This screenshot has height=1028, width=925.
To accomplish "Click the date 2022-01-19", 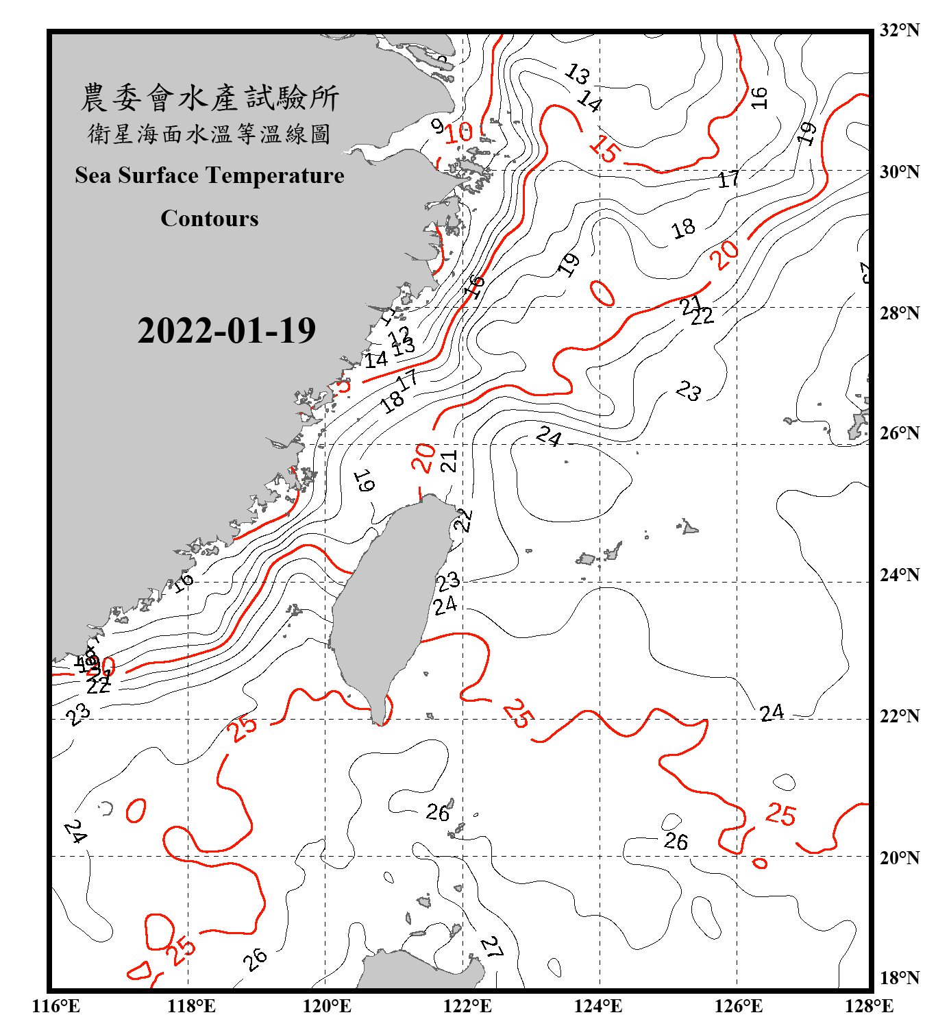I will (x=226, y=331).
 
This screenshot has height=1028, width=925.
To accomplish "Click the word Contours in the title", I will (x=210, y=219).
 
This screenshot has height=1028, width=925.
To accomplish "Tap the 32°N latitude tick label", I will (x=899, y=30).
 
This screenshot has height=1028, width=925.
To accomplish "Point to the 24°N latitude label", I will (x=899, y=574).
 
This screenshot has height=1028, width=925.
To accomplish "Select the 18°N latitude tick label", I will (x=899, y=978).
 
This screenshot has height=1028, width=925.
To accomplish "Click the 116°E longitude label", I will (x=56, y=1006).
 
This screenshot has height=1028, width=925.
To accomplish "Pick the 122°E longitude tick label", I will (x=467, y=1006).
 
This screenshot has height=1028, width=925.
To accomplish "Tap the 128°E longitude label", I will (x=869, y=1006).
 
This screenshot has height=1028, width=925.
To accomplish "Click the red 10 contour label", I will (x=459, y=132).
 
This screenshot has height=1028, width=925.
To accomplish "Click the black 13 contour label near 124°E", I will (x=578, y=73).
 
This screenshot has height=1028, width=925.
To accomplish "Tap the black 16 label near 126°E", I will (x=758, y=98).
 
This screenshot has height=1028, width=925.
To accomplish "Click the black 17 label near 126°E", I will (x=729, y=180).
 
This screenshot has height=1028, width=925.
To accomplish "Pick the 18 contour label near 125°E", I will (x=683, y=228).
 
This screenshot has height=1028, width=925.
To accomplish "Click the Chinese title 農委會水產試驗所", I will (x=210, y=98).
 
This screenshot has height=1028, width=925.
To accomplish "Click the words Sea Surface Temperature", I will (x=210, y=175).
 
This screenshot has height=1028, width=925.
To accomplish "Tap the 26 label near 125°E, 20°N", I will (x=676, y=841).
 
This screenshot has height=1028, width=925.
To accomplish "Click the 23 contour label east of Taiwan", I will (x=448, y=582).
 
